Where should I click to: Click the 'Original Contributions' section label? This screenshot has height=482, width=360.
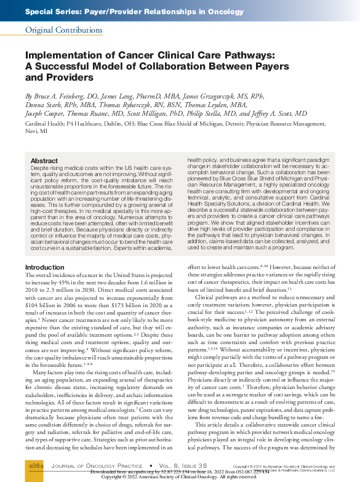point(59,30)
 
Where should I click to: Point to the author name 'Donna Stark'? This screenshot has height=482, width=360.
point(44,105)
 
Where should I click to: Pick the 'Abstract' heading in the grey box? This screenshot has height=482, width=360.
point(44,161)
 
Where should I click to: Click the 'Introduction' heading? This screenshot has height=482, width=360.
point(44,267)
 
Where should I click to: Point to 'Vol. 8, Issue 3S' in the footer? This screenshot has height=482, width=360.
point(179,468)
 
